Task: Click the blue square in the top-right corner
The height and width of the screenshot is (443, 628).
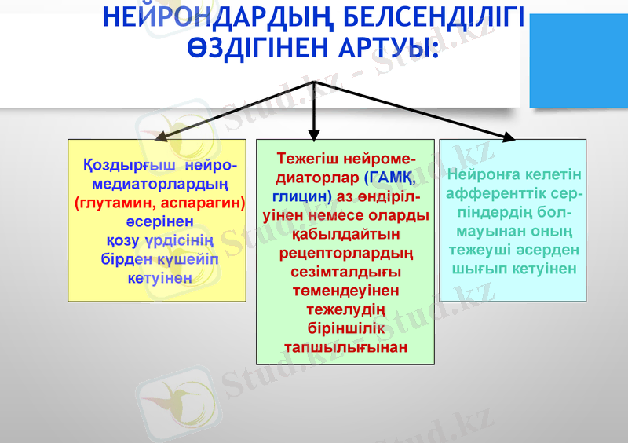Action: click(x=579, y=60)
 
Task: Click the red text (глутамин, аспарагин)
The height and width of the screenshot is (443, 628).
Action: click(x=160, y=203)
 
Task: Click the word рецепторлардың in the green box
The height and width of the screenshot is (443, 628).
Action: click(x=345, y=252)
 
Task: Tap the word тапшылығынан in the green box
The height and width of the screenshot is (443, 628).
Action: click(x=345, y=346)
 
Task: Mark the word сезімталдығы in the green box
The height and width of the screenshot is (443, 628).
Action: click(x=345, y=271)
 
